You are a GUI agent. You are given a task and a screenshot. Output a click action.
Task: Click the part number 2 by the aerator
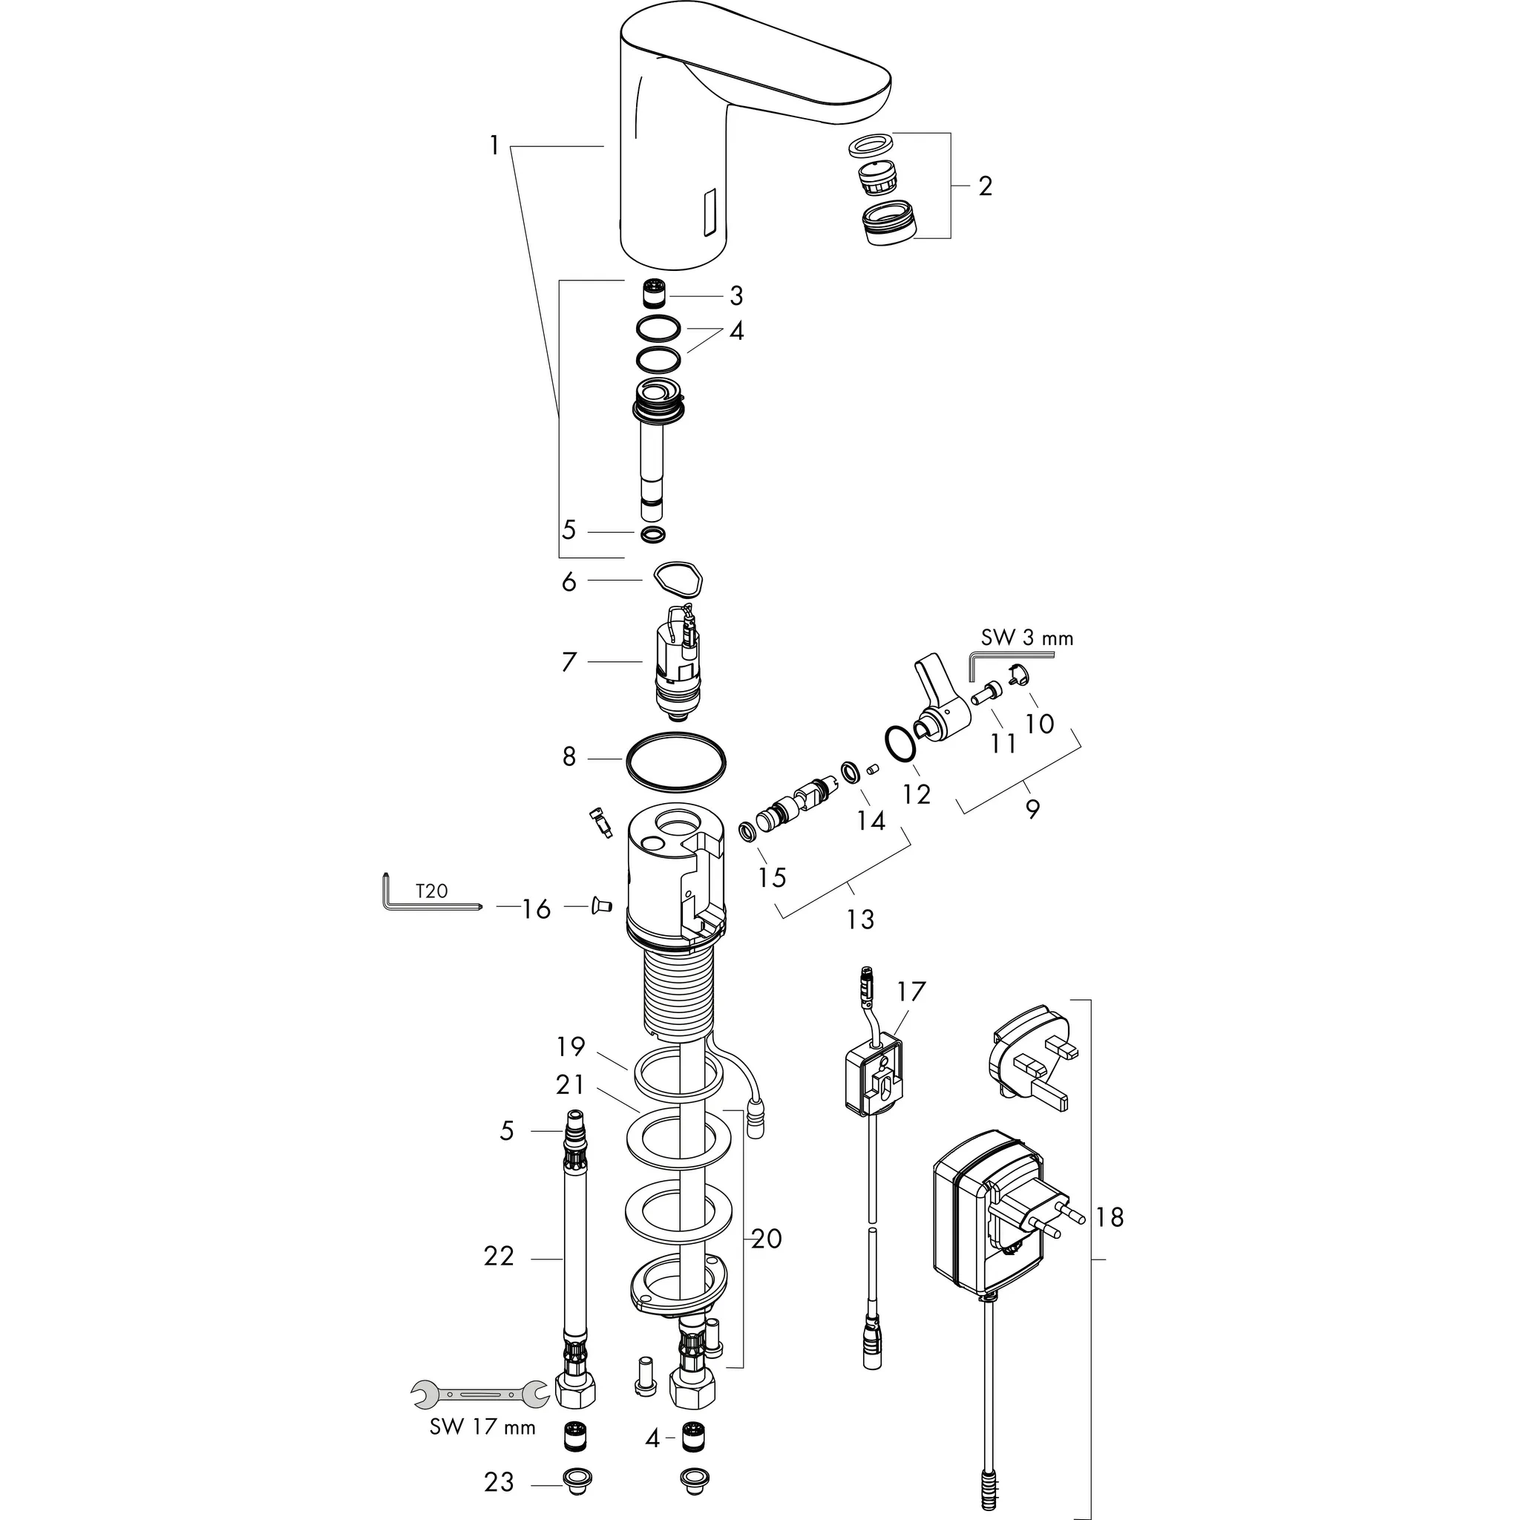(985, 186)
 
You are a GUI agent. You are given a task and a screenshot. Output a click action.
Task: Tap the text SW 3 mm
(1026, 638)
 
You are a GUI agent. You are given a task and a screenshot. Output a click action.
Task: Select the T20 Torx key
(425, 900)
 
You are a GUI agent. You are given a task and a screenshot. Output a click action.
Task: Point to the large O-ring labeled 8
(676, 759)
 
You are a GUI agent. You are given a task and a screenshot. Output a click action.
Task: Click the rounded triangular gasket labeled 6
(678, 581)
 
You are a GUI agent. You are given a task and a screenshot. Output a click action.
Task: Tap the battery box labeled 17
(874, 1074)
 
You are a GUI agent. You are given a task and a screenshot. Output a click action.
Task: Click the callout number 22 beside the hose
(499, 1257)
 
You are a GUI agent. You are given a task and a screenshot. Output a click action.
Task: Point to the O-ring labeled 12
(899, 744)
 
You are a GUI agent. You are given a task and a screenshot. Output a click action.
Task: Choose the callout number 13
(860, 919)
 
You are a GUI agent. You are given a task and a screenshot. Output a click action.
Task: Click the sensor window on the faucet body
(710, 214)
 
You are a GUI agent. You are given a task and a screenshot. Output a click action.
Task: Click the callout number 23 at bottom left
(499, 1482)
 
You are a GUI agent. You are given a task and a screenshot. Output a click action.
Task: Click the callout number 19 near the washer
(571, 1047)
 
